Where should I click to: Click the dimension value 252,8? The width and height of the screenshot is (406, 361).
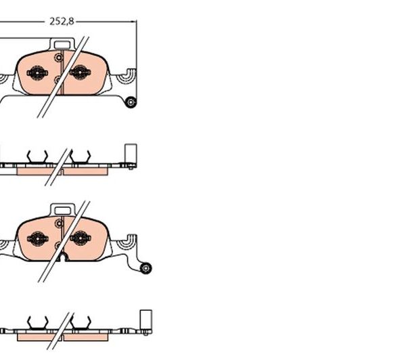point(62,21)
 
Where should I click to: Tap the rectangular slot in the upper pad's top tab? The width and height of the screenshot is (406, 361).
point(62,45)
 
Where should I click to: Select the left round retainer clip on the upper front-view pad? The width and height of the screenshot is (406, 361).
point(37,73)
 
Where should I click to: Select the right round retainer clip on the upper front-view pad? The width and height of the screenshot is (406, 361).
point(80,72)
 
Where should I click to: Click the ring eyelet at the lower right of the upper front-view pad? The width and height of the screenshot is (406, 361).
point(131,102)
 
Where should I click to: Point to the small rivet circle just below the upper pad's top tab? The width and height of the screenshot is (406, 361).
point(59,58)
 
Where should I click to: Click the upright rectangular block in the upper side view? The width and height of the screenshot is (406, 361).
point(131,154)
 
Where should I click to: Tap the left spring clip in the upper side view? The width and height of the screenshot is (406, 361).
point(37,157)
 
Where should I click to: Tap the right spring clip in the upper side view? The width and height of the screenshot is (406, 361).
point(81,157)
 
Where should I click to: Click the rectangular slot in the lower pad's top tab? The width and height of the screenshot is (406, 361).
point(62,211)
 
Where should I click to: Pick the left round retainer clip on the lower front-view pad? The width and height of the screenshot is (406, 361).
point(37,238)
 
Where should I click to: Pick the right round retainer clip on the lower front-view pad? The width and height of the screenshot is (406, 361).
point(81,238)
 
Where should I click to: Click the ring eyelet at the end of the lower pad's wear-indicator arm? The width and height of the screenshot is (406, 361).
point(145,268)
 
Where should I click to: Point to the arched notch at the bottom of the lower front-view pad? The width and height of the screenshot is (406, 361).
point(63,257)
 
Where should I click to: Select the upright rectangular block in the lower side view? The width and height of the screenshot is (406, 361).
point(145,320)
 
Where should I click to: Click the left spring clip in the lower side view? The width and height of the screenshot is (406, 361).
point(38,323)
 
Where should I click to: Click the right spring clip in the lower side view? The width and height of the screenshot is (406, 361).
point(81,323)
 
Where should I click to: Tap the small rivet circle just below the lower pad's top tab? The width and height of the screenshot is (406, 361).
point(60,223)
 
